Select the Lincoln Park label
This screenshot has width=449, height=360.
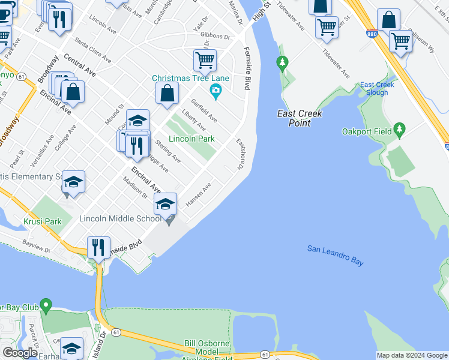[x=191, y=139]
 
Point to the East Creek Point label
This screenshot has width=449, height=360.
[x=300, y=118]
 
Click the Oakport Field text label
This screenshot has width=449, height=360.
[x=366, y=131]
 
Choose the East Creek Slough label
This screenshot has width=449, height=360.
[x=377, y=89]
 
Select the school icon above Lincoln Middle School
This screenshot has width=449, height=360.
[x=166, y=203]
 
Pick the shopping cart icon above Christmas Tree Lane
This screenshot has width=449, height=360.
[x=205, y=60]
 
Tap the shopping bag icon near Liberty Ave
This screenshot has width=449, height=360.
[x=167, y=93]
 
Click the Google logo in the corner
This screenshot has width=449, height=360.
[x=20, y=353]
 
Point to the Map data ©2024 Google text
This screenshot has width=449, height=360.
[x=412, y=355]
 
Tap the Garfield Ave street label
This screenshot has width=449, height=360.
[x=204, y=109]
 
